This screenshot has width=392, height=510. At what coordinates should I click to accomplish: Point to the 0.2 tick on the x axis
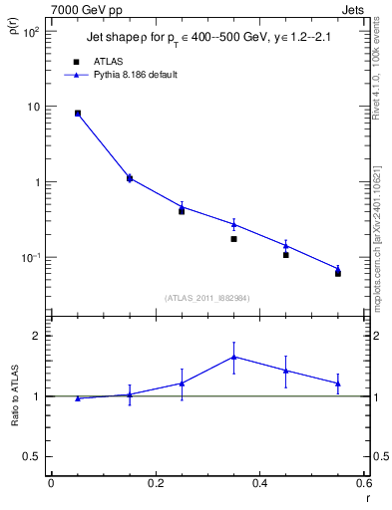point(155,483)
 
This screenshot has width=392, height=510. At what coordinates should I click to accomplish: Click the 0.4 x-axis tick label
point(259,483)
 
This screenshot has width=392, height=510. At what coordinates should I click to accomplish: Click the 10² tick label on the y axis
point(32,32)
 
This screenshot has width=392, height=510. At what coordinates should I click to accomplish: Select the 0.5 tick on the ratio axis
point(32,456)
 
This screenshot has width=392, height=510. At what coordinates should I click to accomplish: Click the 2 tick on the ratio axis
point(37,336)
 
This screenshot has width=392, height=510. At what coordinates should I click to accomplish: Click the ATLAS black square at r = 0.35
point(233,239)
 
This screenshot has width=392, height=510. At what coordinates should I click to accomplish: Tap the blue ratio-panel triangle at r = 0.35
point(233,357)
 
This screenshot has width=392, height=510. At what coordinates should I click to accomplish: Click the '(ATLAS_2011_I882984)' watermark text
point(207,298)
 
